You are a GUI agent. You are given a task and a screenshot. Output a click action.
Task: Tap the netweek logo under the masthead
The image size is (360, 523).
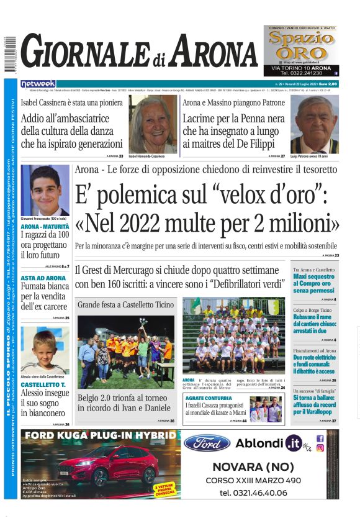click(x=38, y=83)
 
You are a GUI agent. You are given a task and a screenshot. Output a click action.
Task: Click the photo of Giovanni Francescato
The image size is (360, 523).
click(x=45, y=190)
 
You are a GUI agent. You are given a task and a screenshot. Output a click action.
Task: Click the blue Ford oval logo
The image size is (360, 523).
click(x=207, y=443)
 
